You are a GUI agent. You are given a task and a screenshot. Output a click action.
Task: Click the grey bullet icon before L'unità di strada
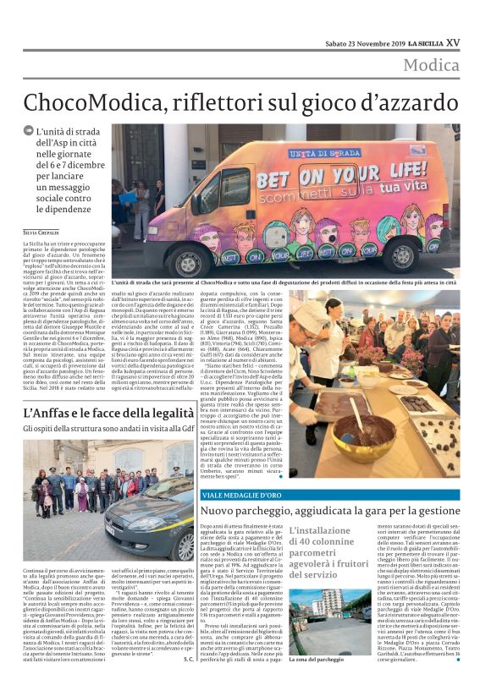(28, 131)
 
